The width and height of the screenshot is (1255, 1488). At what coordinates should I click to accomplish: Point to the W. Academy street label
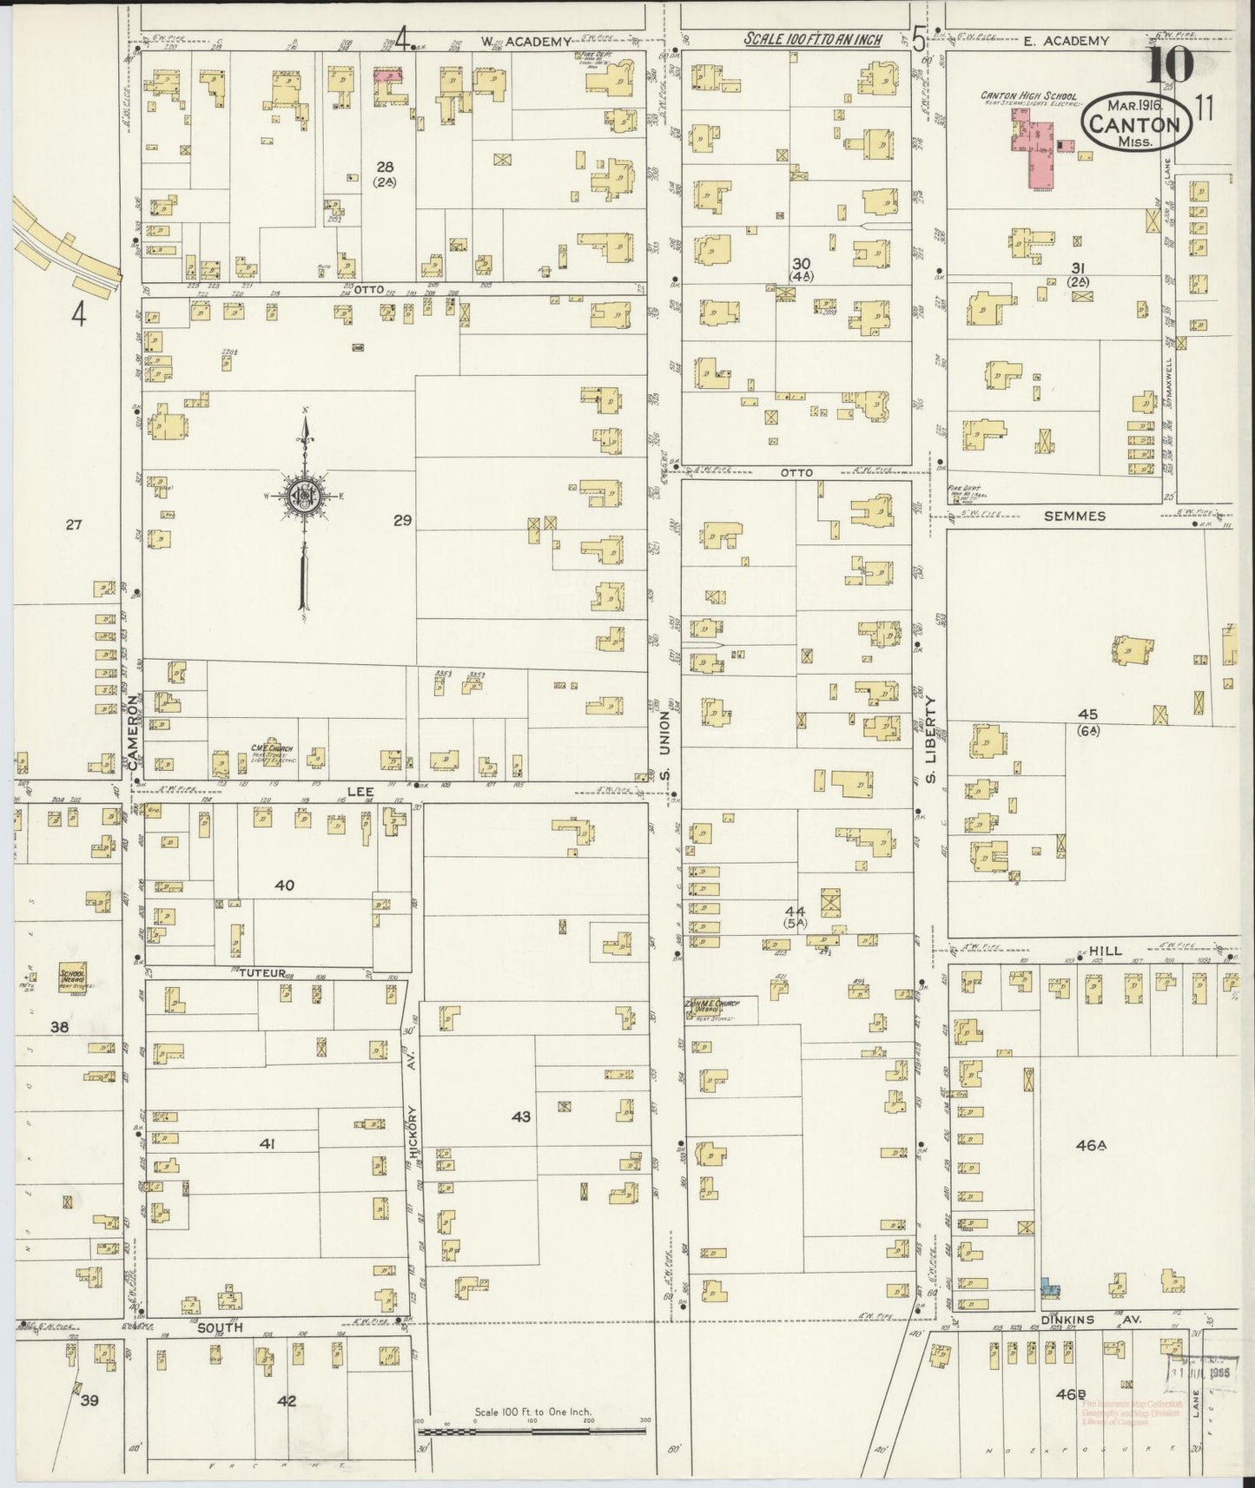[526, 41]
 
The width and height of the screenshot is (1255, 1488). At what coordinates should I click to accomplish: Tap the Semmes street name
[1075, 516]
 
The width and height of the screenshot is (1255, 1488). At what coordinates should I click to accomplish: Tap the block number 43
[520, 1116]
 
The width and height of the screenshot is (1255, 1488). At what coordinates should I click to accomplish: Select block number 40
[284, 885]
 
